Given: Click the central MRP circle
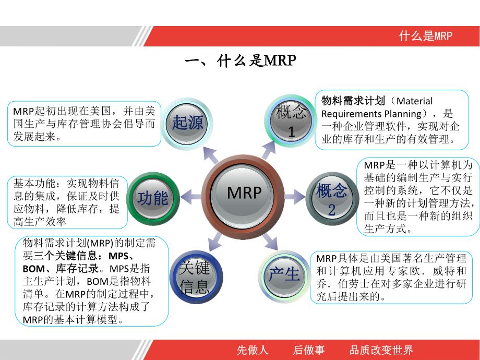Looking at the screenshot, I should (244, 194).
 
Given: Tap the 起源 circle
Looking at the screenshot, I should (187, 123).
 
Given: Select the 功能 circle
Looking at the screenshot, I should (153, 198).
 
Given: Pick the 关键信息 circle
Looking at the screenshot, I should (195, 277).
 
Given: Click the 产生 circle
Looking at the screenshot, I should (285, 274).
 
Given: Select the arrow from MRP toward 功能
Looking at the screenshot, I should (190, 197).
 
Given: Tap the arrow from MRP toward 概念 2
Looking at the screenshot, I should (295, 197).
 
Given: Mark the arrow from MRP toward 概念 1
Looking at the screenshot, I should (269, 150).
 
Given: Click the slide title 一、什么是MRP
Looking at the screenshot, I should (241, 62).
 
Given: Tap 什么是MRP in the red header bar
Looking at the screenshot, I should (425, 36).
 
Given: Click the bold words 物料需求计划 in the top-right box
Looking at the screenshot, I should (353, 101).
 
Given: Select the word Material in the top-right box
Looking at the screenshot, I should (415, 101).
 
